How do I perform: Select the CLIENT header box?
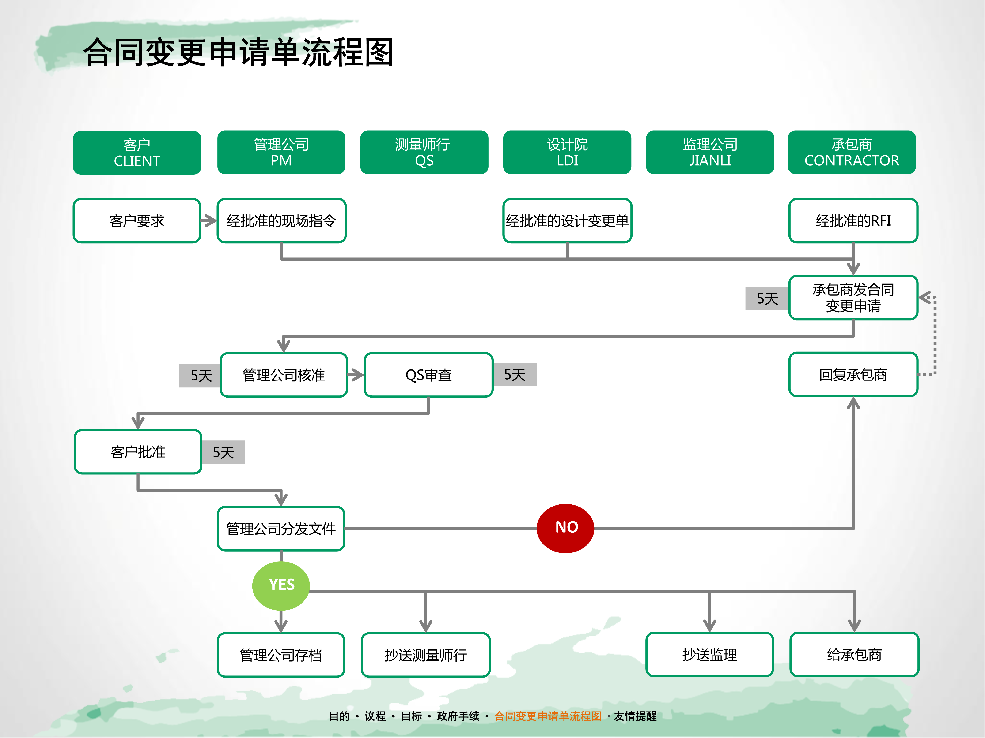click(137, 153)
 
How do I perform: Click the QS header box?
click(424, 152)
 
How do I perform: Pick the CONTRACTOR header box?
click(851, 152)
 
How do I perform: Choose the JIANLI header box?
click(710, 152)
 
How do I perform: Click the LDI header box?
click(567, 152)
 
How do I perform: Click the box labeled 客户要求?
click(137, 221)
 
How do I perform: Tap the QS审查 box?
click(428, 375)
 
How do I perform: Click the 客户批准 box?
click(138, 451)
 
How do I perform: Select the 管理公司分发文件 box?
click(281, 529)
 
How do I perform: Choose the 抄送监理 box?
click(709, 654)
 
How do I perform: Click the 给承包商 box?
click(854, 654)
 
